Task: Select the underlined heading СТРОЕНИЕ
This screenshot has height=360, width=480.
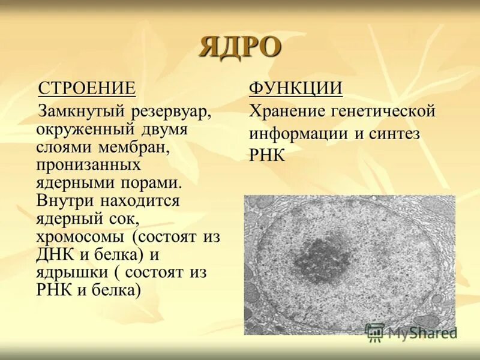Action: pyautogui.click(x=87, y=89)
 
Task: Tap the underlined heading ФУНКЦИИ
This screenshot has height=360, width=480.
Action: pyautogui.click(x=296, y=89)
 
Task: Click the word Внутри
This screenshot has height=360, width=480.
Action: pyautogui.click(x=65, y=200)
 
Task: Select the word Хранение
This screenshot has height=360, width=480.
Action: pyautogui.click(x=285, y=112)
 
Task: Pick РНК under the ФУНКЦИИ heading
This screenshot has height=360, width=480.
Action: pyautogui.click(x=267, y=154)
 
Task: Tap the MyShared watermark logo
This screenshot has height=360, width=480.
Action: pyautogui.click(x=411, y=332)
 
